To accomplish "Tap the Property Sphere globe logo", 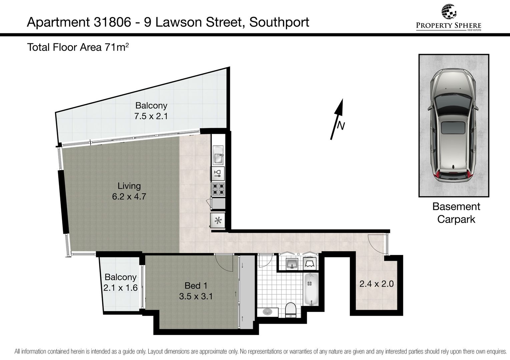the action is click(449, 11).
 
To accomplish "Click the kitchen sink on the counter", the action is click(218, 155).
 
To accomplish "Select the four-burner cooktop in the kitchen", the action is click(218, 189).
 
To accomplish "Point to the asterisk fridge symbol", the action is click(218, 220).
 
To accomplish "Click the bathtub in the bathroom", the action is click(311, 289).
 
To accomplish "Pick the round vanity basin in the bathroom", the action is click(268, 312).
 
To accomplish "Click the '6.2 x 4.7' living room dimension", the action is click(129, 196).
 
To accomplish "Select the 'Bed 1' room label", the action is click(196, 286).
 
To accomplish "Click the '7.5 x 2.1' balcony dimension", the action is click(151, 116).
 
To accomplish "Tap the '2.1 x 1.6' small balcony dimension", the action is click(120, 288).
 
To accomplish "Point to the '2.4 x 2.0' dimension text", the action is click(377, 284).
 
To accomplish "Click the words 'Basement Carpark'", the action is click(456, 213).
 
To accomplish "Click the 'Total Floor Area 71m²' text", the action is click(78, 47).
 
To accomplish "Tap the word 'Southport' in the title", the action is click(279, 22).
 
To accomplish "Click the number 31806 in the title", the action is click(112, 22).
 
